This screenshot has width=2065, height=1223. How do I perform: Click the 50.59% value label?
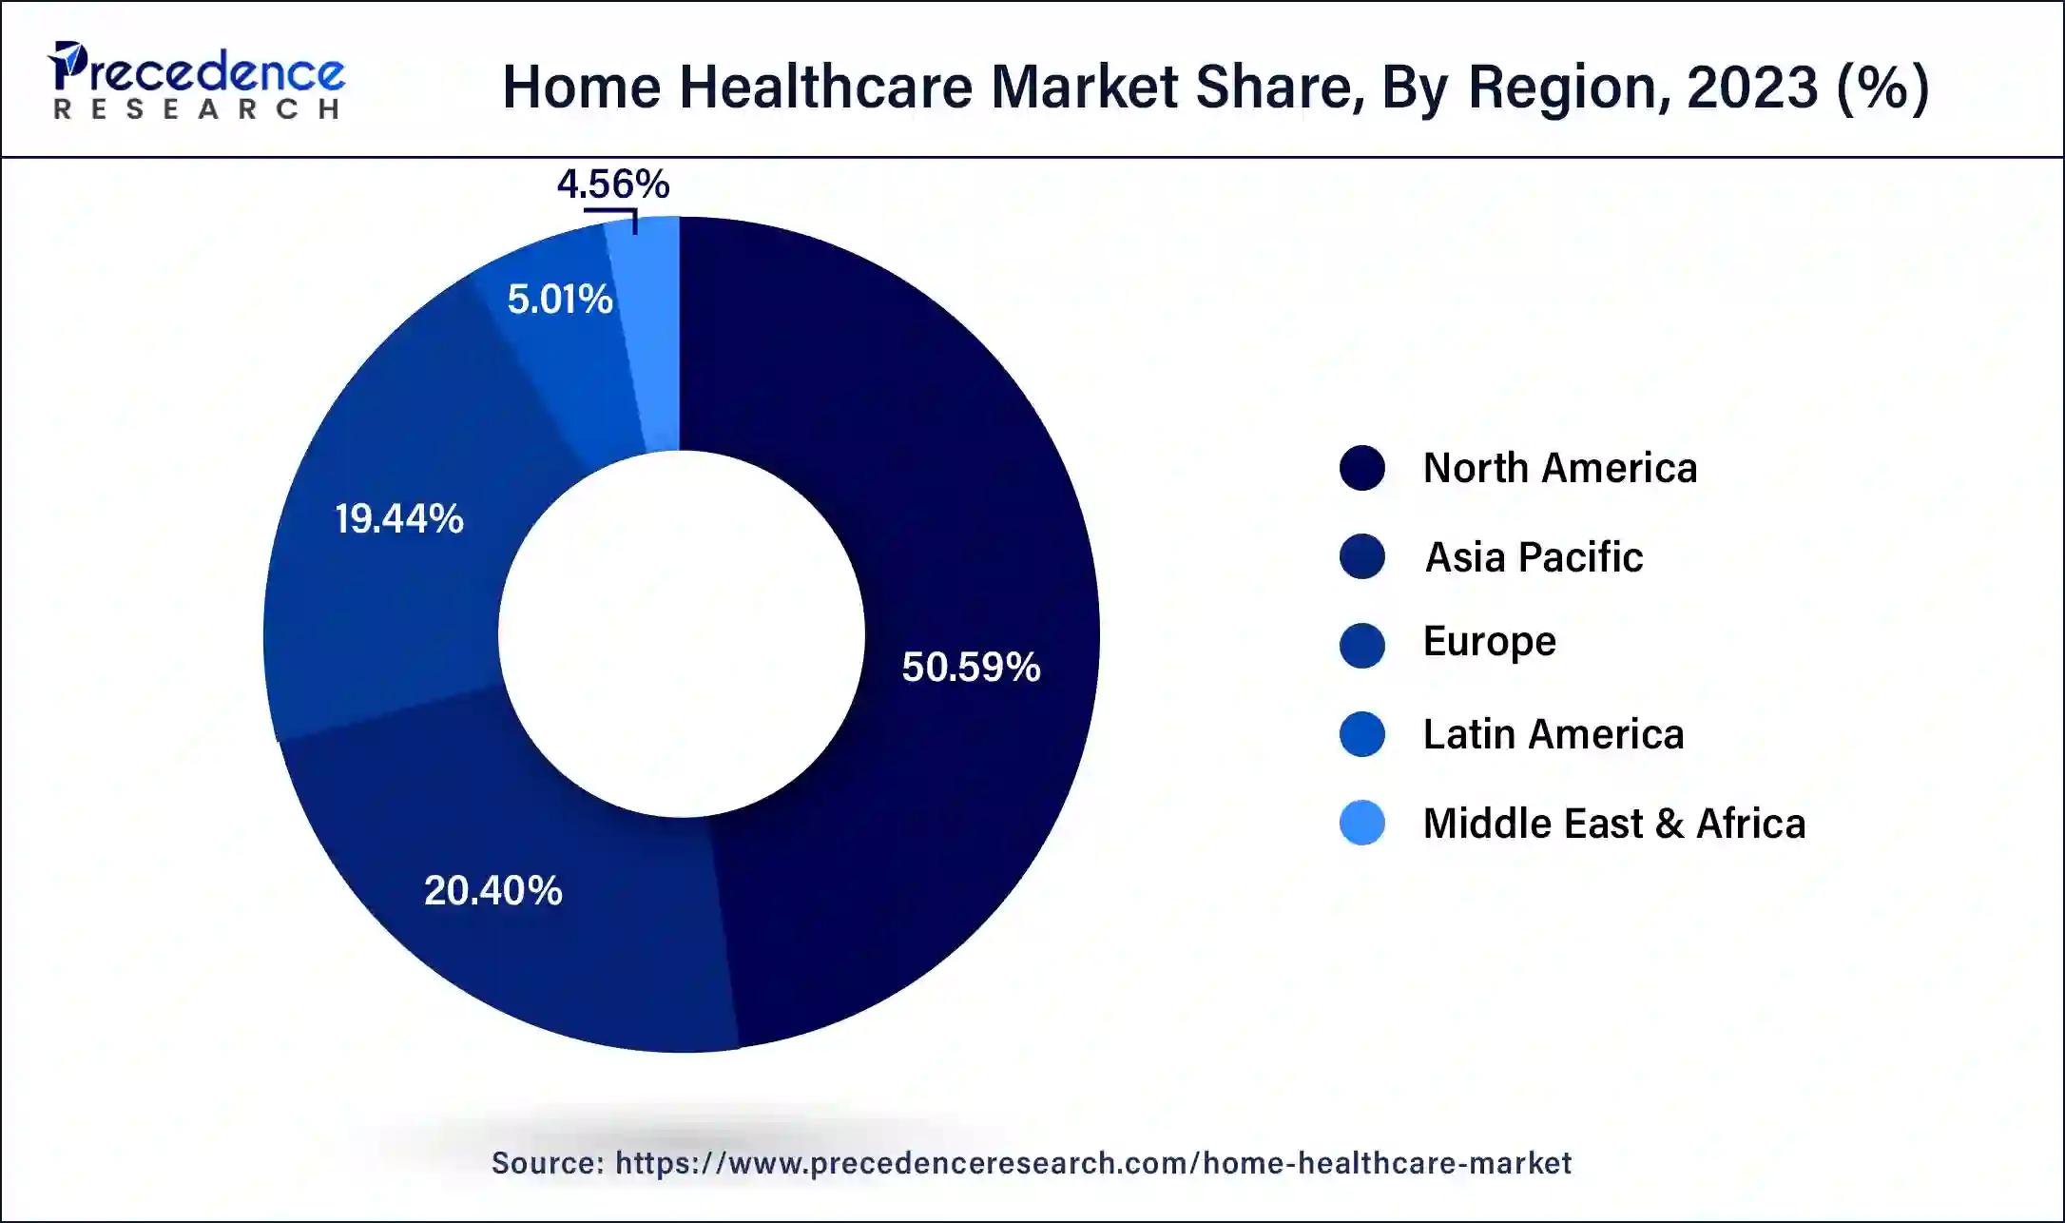[971, 667]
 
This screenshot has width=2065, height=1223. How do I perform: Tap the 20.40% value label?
[492, 890]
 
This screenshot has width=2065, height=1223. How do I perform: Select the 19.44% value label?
[399, 518]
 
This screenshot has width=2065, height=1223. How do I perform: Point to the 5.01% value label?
[560, 300]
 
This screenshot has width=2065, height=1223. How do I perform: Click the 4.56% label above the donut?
[613, 184]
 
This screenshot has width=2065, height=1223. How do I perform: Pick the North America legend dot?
[1361, 468]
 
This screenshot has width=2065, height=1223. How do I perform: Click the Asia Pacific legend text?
[1534, 556]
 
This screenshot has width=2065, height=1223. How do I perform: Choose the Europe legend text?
[1489, 642]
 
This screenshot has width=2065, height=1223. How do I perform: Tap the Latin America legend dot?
[1361, 734]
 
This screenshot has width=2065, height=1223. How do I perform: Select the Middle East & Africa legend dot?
[1361, 823]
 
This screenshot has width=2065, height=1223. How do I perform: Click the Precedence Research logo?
[197, 81]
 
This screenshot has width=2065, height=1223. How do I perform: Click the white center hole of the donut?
[681, 634]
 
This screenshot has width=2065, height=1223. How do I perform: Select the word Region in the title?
[1569, 87]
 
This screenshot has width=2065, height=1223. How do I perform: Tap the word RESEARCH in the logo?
[197, 109]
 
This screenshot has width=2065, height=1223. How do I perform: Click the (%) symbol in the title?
[1883, 87]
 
